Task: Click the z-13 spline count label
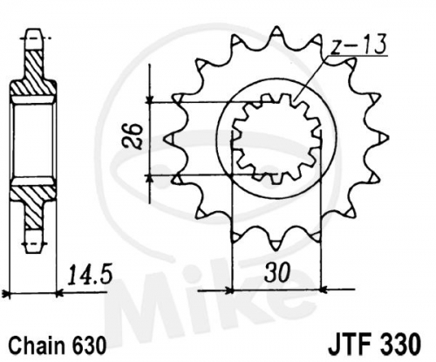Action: click(x=358, y=44)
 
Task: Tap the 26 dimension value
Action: click(x=133, y=136)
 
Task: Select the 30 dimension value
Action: click(x=277, y=272)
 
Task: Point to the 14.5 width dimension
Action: click(x=90, y=275)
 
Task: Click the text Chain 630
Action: click(x=57, y=345)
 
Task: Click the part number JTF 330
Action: click(x=374, y=345)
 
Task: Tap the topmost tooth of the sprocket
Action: click(x=276, y=32)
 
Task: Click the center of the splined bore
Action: click(x=276, y=139)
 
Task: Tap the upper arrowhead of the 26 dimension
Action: click(x=149, y=99)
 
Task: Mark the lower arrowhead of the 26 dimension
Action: click(x=150, y=179)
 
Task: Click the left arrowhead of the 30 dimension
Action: click(x=229, y=290)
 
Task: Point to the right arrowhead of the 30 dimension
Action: click(x=324, y=290)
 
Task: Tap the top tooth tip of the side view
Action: click(x=34, y=31)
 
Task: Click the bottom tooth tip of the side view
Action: click(x=34, y=250)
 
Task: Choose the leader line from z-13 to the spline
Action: click(x=310, y=78)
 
